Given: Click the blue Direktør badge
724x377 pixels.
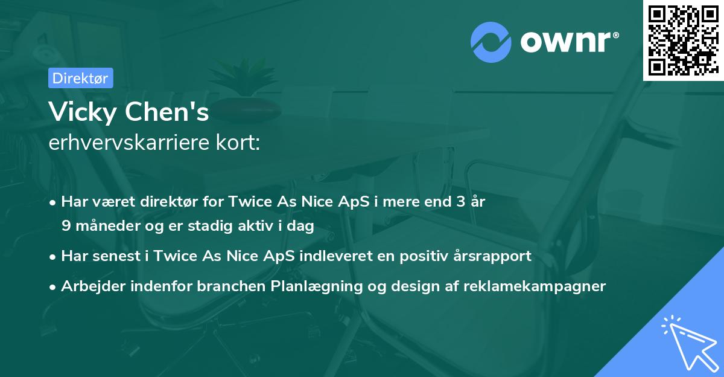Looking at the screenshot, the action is [x=81, y=78].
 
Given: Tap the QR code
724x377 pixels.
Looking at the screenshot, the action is [x=683, y=40].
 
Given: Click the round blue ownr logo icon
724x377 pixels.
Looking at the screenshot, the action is [x=491, y=42].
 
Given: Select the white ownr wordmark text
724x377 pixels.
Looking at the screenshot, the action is [x=570, y=42].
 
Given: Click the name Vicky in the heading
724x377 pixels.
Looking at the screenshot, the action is [x=83, y=112].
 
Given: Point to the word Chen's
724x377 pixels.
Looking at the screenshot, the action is [x=167, y=112].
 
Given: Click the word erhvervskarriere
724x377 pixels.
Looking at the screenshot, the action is [x=129, y=143].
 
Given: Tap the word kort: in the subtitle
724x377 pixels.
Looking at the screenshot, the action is [x=238, y=143].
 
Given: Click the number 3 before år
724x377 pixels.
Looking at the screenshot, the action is [x=460, y=202].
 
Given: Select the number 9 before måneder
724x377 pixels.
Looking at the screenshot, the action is [x=66, y=226].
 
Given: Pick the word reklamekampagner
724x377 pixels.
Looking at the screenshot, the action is [x=535, y=286].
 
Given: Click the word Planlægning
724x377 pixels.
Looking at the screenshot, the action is [x=316, y=286].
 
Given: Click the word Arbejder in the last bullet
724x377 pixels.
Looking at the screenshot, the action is [x=93, y=286].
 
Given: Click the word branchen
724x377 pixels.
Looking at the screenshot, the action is [x=231, y=286].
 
